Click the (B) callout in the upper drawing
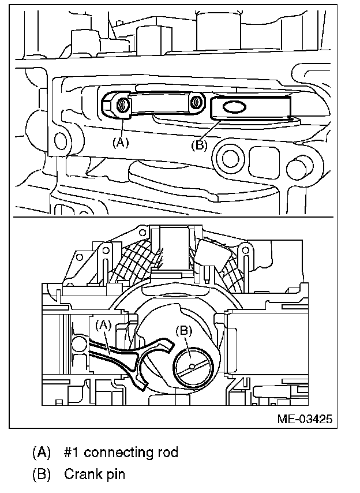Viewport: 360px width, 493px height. point(198,145)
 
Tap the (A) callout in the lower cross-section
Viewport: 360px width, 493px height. point(104,325)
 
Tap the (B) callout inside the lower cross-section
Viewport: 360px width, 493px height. point(183,331)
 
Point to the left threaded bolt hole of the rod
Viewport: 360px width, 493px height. point(122,104)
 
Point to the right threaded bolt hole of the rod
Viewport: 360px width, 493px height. point(196,102)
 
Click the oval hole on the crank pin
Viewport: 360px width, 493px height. point(234,107)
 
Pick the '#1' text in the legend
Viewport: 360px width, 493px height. point(73,452)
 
